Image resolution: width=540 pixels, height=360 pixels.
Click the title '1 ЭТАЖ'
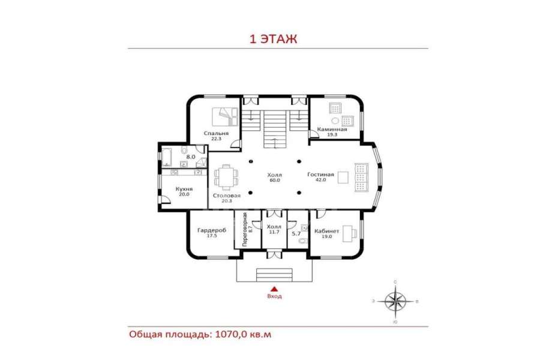tap(273, 38)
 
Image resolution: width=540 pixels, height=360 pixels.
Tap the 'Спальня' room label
tap(216, 133)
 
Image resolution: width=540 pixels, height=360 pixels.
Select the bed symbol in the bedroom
tap(224, 117)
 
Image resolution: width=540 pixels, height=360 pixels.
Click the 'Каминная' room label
tap(332, 130)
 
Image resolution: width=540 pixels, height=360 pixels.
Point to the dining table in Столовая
tap(226, 177)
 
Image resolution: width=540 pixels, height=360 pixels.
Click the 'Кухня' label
tap(184, 189)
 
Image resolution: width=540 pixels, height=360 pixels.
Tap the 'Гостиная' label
tap(320, 175)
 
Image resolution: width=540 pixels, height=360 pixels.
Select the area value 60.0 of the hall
tap(274, 180)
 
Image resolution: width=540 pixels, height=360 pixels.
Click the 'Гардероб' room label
tap(212, 230)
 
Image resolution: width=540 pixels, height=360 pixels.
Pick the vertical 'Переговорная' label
tap(245, 229)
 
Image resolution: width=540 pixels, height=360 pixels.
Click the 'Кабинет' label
tap(327, 231)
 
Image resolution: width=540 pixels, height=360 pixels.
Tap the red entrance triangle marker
tap(274, 289)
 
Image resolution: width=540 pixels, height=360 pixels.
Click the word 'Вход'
tap(274, 296)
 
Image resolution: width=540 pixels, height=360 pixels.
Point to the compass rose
tap(395, 301)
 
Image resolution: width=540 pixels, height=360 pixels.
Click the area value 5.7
tap(296, 233)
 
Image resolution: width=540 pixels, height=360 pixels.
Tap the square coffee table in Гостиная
tap(343, 177)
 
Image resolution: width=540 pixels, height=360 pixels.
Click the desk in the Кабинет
tap(349, 233)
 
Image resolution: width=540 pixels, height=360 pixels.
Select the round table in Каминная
tap(335, 121)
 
